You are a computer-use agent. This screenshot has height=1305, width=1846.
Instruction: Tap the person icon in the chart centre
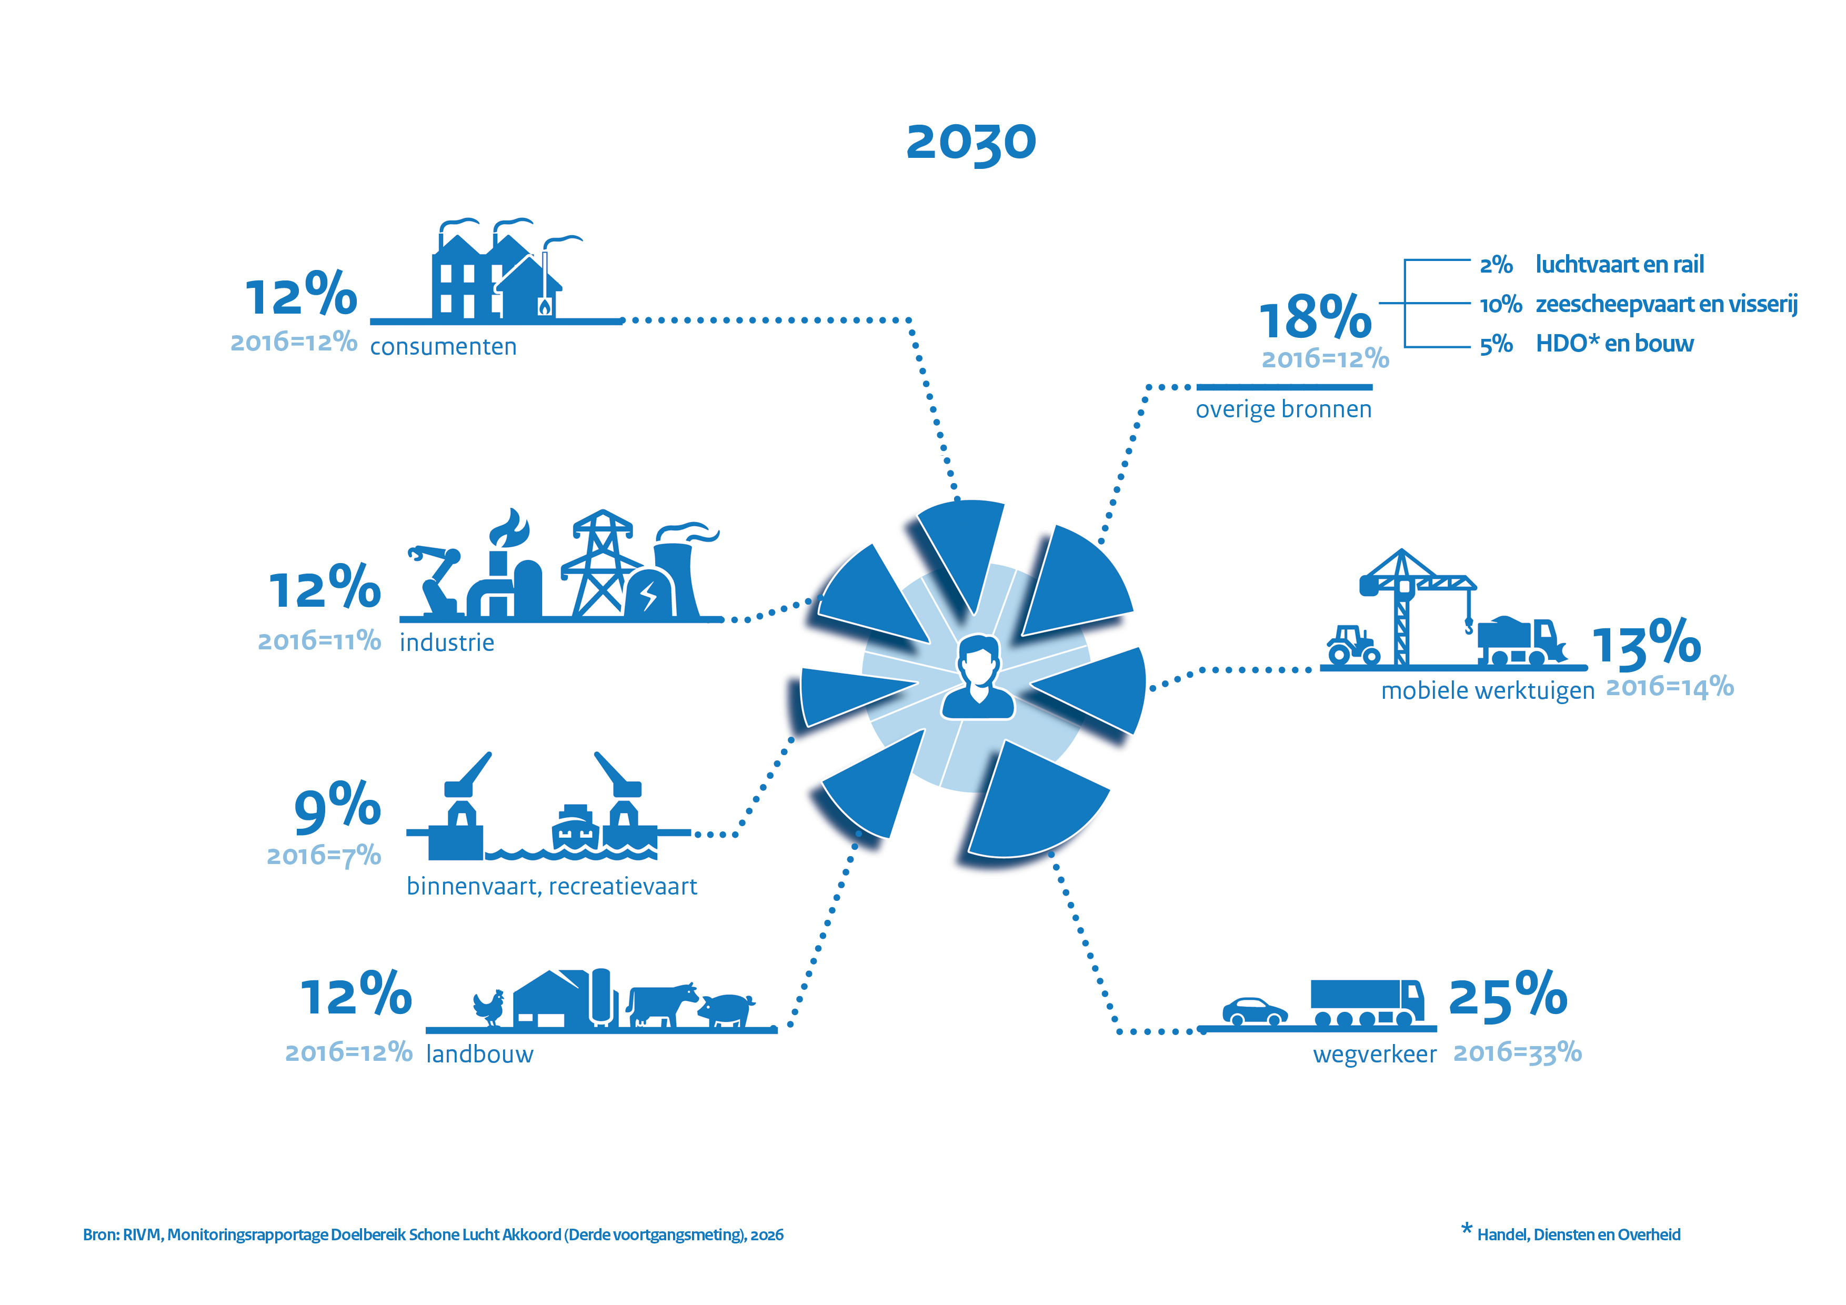click(978, 677)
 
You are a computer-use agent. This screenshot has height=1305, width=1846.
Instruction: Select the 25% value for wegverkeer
click(1508, 997)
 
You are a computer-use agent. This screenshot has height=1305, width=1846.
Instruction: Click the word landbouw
click(479, 1054)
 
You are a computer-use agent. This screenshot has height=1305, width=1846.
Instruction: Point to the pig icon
click(726, 1009)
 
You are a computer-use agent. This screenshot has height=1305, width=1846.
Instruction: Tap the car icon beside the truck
click(1254, 1011)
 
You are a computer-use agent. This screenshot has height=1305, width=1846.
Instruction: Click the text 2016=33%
click(1517, 1052)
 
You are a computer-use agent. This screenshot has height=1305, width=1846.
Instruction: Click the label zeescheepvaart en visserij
click(1666, 305)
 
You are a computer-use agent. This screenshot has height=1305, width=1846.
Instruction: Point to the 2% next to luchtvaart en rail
click(1496, 265)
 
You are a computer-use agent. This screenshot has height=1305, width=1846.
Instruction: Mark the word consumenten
click(443, 347)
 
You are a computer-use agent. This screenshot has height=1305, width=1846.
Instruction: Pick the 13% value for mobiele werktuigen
click(1646, 644)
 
